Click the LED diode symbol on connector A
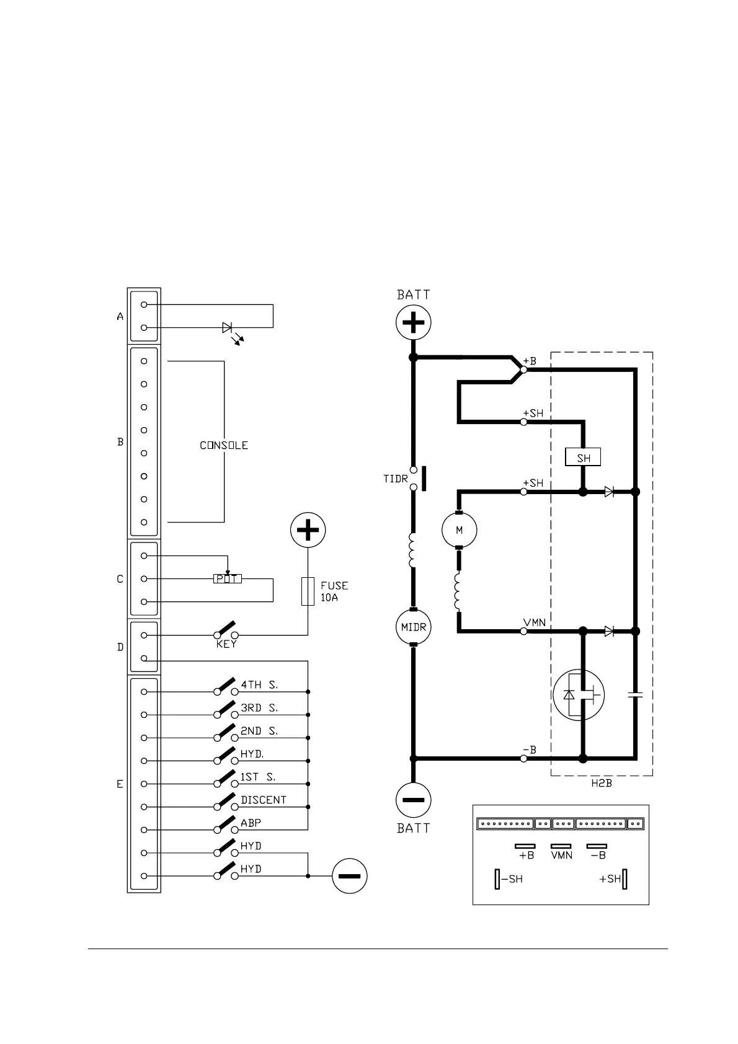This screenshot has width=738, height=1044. coord(228,327)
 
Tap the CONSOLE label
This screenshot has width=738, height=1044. coord(224,445)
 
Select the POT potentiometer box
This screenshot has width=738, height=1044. coord(227,578)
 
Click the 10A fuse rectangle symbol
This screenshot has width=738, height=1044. coord(308,591)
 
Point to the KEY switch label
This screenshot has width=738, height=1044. coord(226,645)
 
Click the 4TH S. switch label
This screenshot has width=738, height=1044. coord(259,684)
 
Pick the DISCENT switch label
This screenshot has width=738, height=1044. coord(264,800)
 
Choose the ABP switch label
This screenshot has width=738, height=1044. coord(251,823)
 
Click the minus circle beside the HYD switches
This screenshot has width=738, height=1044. coord(350,876)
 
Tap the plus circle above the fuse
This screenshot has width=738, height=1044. coord(308,530)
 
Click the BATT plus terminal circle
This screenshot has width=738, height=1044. coord(414,322)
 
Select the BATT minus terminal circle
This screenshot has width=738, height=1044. coord(414,800)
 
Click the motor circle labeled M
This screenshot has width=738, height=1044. coord(459,530)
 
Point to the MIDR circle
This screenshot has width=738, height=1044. coord(414,627)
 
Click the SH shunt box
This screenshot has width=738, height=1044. coord(583,458)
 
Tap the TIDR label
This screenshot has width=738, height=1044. coord(396,479)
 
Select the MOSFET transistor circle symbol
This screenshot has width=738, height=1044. coord(578,694)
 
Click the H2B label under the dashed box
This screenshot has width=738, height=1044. coord(601,783)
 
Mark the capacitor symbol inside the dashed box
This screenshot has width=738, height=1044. coord(635,695)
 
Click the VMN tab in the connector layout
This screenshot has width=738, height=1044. coord(561,846)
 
